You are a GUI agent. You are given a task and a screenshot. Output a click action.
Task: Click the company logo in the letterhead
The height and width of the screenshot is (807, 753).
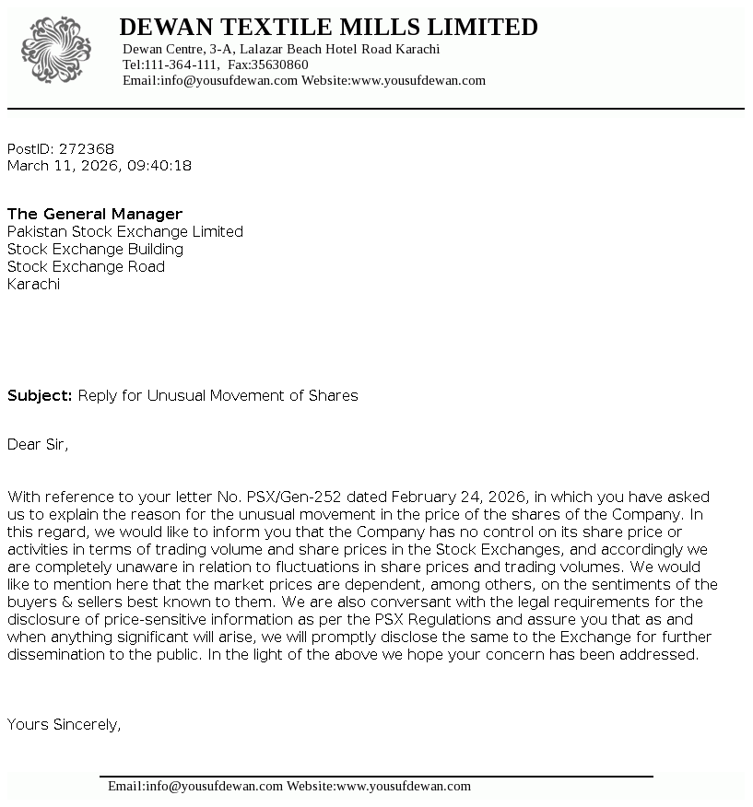point(56,49)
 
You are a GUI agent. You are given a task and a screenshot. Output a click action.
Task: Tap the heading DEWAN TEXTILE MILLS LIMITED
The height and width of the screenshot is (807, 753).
point(328,27)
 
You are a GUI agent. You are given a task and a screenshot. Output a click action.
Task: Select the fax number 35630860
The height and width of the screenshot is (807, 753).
point(280,64)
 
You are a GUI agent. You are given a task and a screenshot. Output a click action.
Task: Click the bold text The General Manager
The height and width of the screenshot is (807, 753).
point(95,214)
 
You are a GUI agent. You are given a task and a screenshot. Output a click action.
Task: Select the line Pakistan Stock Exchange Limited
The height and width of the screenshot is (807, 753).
point(125,231)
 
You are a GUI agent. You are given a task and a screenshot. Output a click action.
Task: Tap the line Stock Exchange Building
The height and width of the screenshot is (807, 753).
point(95,249)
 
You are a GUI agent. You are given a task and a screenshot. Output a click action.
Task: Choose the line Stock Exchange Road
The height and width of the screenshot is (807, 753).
point(86,266)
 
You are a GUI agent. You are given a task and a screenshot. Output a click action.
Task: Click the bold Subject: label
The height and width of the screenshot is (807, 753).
point(40,395)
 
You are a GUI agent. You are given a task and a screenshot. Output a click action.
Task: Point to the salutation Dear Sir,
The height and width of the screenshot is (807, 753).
point(38,444)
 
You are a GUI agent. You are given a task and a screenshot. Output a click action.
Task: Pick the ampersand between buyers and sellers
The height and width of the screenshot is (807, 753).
point(66,602)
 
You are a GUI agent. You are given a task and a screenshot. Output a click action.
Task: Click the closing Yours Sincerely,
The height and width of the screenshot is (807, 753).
point(64,724)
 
